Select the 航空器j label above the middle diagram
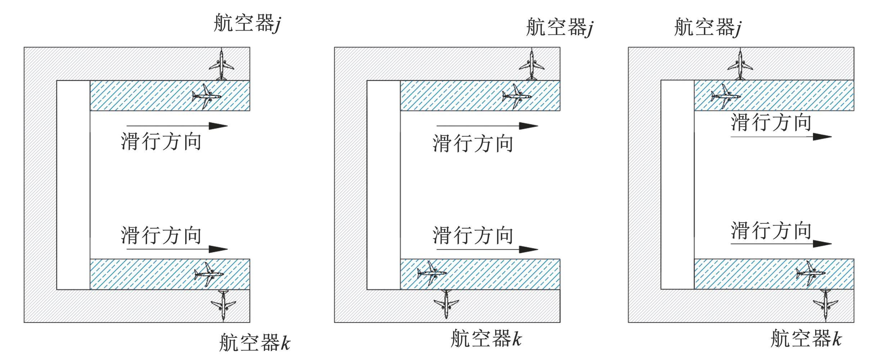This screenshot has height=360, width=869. [x=560, y=27]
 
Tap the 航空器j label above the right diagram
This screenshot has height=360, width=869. [x=707, y=27]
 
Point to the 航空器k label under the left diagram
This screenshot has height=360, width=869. [x=255, y=342]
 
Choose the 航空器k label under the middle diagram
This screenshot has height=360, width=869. [x=486, y=338]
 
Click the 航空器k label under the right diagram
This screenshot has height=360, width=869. [x=806, y=338]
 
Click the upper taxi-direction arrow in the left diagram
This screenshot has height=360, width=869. [x=177, y=126]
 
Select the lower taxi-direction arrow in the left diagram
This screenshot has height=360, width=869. [x=177, y=249]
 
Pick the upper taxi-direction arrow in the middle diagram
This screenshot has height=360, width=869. [x=487, y=126]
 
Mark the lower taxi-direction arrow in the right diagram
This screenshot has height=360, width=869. [x=781, y=244]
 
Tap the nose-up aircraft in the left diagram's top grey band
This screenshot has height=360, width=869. [x=221, y=64]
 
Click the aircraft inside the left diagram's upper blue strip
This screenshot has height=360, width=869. [x=207, y=96]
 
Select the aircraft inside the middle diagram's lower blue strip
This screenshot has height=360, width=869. [x=432, y=273]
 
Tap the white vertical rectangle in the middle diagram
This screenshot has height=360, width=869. [x=384, y=185]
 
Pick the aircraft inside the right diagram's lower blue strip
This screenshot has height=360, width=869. [x=811, y=273]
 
